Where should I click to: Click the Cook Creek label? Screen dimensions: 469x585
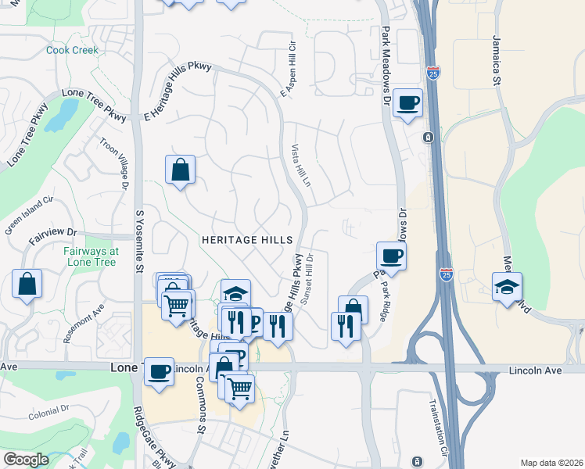click(72, 50)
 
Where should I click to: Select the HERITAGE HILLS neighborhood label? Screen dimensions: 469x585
click(246, 239)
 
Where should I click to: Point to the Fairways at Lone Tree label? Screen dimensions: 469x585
click(92, 256)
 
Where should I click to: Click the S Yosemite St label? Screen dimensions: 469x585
click(140, 241)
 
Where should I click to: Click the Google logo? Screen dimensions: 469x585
click(26, 460)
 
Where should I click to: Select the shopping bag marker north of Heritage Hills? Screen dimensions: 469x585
click(180, 170)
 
